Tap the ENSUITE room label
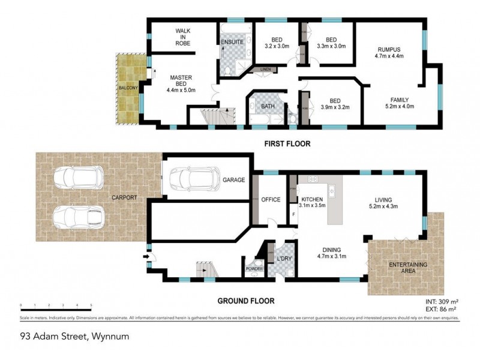pyautogui.click(x=231, y=43)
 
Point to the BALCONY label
pyautogui.click(x=128, y=88)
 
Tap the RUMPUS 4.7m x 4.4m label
pyautogui.click(x=389, y=53)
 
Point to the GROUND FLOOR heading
pyautogui.click(x=243, y=301)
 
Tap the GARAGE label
pyautogui.click(x=234, y=179)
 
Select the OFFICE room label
pyautogui.click(x=271, y=199)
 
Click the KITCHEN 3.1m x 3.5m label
pyautogui.click(x=312, y=202)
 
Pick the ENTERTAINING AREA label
pyautogui.click(x=405, y=268)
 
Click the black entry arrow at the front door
pyautogui.click(x=146, y=257)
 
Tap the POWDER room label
pyautogui.click(x=252, y=269)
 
